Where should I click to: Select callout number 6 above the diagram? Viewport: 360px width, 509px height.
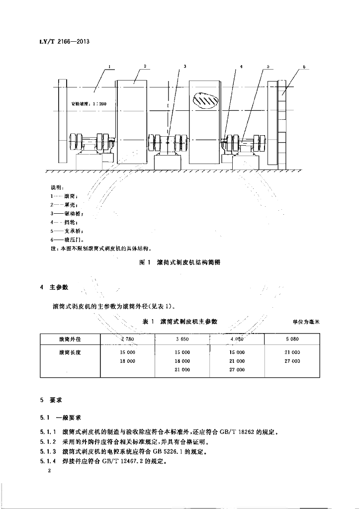[x=304, y=66]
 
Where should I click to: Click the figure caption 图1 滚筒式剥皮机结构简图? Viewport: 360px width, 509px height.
[x=180, y=263]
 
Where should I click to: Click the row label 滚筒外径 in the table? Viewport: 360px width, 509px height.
[x=70, y=339]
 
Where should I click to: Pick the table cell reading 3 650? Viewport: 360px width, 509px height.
[x=182, y=339]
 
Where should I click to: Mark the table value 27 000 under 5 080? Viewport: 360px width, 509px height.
[x=292, y=361]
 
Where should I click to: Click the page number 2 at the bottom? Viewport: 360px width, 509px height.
[x=50, y=471]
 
